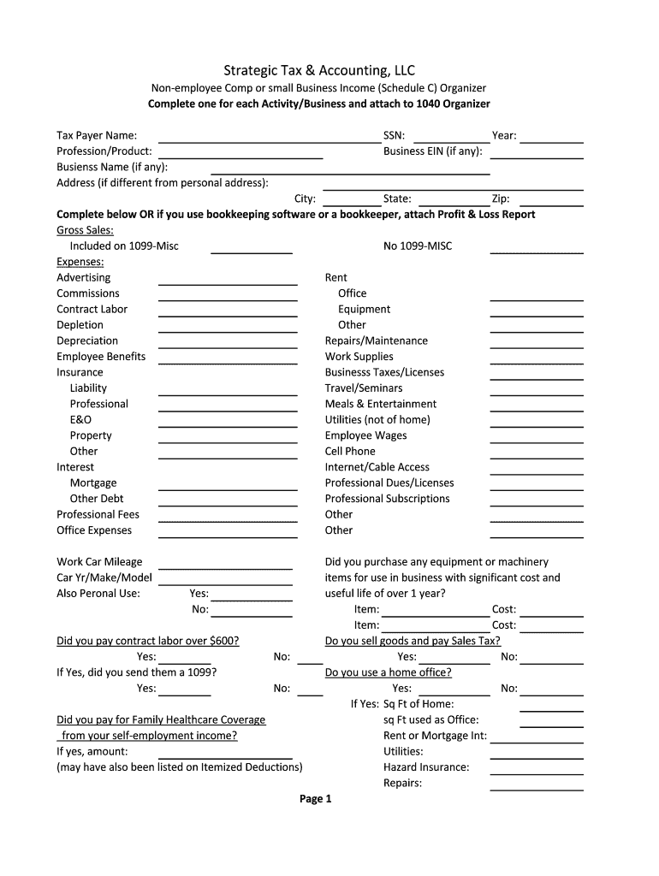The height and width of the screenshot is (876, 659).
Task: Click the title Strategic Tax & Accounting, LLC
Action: click(x=319, y=70)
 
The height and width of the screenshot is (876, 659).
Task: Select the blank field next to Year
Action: click(x=552, y=137)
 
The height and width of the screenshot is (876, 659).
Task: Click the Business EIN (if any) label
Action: click(x=432, y=151)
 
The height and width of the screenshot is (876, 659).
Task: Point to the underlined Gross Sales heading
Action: click(x=85, y=230)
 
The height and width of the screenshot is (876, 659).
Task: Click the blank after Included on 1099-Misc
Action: click(x=252, y=248)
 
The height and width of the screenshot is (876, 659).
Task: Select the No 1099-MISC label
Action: click(x=418, y=246)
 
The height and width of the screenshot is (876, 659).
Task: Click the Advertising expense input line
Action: click(x=228, y=280)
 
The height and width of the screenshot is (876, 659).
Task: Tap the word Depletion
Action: click(x=80, y=325)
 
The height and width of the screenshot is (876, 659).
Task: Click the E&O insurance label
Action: click(x=80, y=420)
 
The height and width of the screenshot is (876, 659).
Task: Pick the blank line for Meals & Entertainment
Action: click(x=536, y=406)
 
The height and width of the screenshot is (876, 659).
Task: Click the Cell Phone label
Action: click(x=350, y=452)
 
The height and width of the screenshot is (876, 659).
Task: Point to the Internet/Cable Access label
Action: click(x=377, y=467)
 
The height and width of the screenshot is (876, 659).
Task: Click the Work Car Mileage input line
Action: click(x=225, y=565)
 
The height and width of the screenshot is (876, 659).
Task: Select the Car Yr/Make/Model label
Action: click(x=104, y=577)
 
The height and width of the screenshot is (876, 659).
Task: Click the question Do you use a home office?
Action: click(x=388, y=672)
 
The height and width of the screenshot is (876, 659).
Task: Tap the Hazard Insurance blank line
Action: click(x=536, y=770)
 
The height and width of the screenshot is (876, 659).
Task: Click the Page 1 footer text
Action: click(x=315, y=799)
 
